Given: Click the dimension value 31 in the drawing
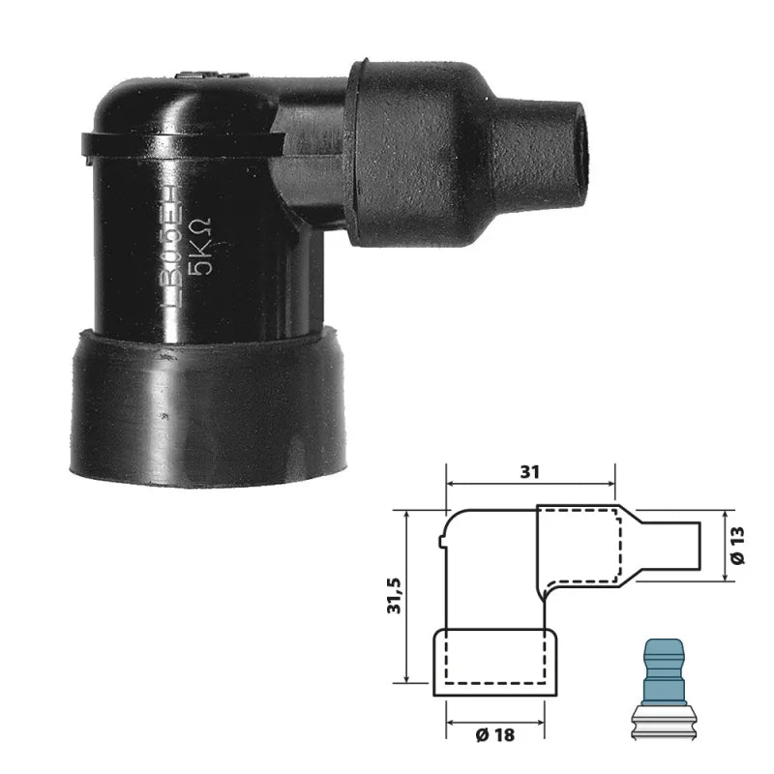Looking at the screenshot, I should click(x=530, y=472).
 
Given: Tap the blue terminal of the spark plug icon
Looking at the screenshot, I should click(x=665, y=663).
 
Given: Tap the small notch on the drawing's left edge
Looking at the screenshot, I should click(x=441, y=550).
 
